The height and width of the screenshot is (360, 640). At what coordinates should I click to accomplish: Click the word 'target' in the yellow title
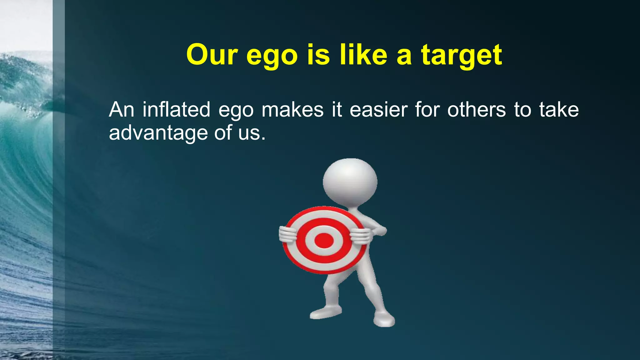point(461,55)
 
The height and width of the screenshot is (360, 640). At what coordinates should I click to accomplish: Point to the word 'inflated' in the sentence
point(176,110)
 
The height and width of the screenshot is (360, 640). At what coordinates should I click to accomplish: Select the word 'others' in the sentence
point(476,110)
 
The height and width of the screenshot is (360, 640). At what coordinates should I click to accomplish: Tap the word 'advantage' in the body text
point(158,133)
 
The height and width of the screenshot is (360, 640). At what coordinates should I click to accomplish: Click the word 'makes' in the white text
point(292,110)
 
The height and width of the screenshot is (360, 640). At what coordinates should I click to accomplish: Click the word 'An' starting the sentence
point(122,110)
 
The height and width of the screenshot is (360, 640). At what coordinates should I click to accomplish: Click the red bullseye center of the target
point(324,240)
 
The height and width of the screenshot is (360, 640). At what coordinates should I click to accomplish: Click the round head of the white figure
point(350,181)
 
